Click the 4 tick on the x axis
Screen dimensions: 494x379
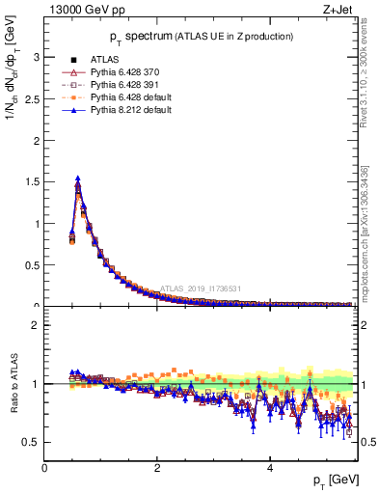270,469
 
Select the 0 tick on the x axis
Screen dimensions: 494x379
44,469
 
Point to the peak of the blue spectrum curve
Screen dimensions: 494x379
77,178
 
